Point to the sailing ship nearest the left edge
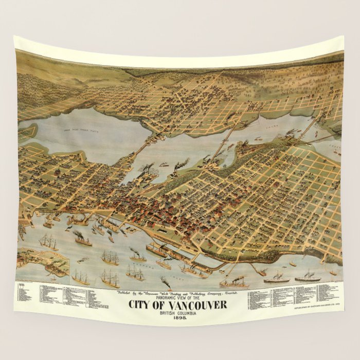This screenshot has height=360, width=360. pyautogui.click(x=49, y=242)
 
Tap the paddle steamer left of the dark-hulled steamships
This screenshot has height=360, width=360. pyautogui.click(x=234, y=282)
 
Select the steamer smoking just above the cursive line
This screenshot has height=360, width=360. pyautogui.click(x=166, y=282)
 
